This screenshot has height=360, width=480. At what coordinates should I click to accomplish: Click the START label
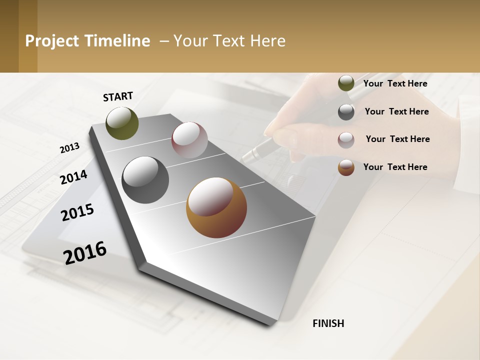tap(118, 96)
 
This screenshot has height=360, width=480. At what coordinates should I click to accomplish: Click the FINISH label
tap(328, 323)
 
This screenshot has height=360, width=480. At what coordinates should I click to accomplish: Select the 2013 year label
tap(69, 148)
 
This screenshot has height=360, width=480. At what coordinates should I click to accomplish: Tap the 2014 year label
tap(73, 177)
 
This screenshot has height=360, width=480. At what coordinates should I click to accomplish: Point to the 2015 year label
tap(77, 212)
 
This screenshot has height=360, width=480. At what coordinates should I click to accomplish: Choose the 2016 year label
tap(85, 253)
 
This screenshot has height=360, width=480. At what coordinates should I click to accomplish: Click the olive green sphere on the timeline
tap(122, 123)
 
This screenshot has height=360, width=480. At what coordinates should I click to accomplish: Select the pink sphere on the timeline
tap(189, 140)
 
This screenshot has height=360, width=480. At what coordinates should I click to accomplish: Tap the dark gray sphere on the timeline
tap(145, 180)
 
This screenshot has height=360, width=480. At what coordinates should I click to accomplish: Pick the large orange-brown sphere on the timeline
tap(216, 207)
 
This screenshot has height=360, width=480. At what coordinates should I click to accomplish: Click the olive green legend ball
tap(346, 83)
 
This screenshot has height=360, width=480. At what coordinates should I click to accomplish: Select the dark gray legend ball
tap(346, 111)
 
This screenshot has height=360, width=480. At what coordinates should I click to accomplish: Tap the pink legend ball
tap(346, 139)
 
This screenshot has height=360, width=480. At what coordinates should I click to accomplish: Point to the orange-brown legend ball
tap(346, 167)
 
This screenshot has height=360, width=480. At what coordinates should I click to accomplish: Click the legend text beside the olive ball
tap(395, 83)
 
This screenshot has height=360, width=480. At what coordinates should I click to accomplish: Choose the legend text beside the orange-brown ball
tap(395, 167)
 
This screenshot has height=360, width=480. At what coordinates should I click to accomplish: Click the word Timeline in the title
tap(118, 41)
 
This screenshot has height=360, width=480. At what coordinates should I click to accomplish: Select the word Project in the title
tap(52, 41)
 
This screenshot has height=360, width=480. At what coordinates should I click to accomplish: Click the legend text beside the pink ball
tap(397, 139)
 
